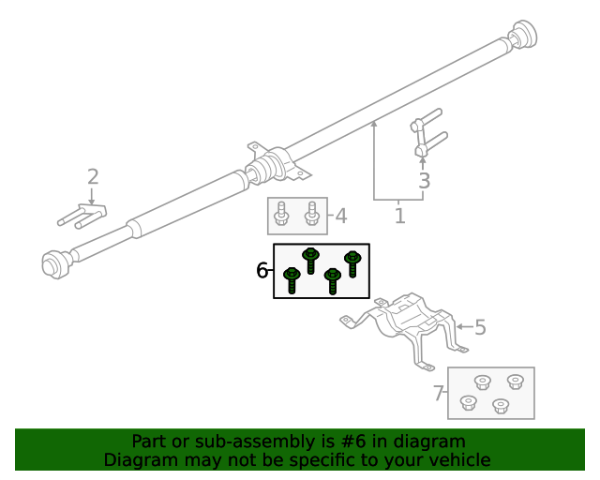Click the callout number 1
399,217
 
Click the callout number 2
92,176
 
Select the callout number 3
424,181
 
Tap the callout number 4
341,217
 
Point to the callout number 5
480,327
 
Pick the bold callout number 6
262,271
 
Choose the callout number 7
438,394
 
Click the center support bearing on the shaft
277,166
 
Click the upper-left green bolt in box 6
310,259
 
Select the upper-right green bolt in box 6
352,262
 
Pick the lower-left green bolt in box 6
292,279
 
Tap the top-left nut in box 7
482,382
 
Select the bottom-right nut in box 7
500,406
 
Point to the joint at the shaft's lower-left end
57,262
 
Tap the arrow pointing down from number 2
91,196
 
